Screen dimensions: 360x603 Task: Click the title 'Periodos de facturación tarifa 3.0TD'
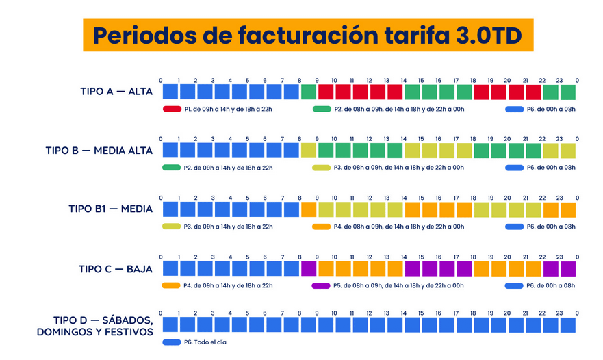307,36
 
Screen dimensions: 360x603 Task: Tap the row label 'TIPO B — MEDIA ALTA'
99,150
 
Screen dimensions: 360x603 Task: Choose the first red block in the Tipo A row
326,91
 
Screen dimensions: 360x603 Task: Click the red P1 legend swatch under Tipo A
171,109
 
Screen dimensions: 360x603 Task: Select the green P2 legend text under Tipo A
398,109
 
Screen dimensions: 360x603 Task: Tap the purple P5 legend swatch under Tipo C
321,285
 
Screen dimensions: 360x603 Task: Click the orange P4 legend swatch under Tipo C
171,285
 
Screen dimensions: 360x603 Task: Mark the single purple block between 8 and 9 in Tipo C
309,268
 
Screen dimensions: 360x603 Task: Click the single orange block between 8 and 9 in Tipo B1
309,209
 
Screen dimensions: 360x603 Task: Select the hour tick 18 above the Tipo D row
474,313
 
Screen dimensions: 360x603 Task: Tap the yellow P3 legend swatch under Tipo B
321,168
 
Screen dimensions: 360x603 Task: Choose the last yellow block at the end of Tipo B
568,151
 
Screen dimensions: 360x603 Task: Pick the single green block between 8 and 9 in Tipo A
309,91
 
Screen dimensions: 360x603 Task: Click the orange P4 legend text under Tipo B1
398,227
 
